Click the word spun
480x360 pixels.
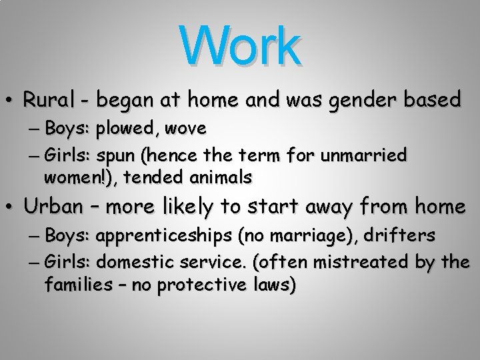coord(118,157)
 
